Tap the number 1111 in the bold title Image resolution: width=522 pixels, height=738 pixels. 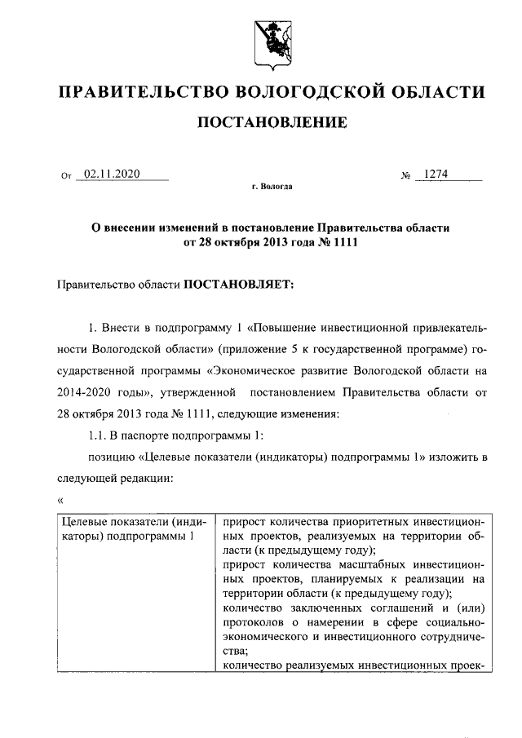click(345, 242)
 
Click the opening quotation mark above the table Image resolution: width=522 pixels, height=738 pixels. click(59, 498)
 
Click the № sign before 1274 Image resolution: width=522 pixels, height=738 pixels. click(405, 175)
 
